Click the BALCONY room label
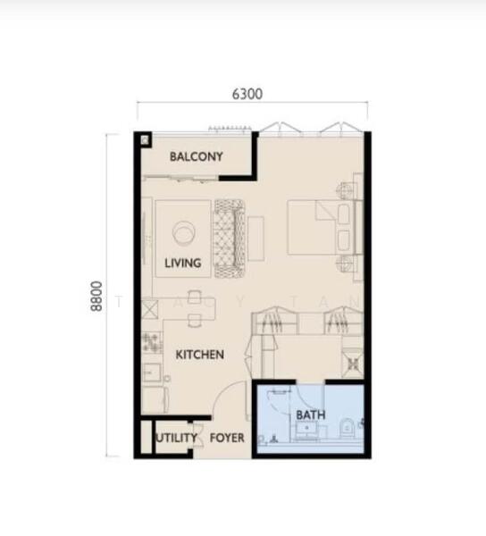tap(197, 156)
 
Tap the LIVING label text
tap(183, 263)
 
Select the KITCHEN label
tap(200, 355)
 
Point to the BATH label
tap(311, 415)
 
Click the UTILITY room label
tap(177, 438)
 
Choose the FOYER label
tap(227, 438)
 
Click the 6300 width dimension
tap(247, 94)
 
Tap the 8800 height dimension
tap(96, 296)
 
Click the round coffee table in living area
tap(184, 232)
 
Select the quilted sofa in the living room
tap(230, 239)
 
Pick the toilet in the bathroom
tap(347, 428)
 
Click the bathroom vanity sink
tap(306, 428)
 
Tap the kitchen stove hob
tap(151, 342)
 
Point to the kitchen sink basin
tap(152, 373)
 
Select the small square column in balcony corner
tap(145, 140)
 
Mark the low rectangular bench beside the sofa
tap(256, 239)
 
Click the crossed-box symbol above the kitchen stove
tap(150, 309)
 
